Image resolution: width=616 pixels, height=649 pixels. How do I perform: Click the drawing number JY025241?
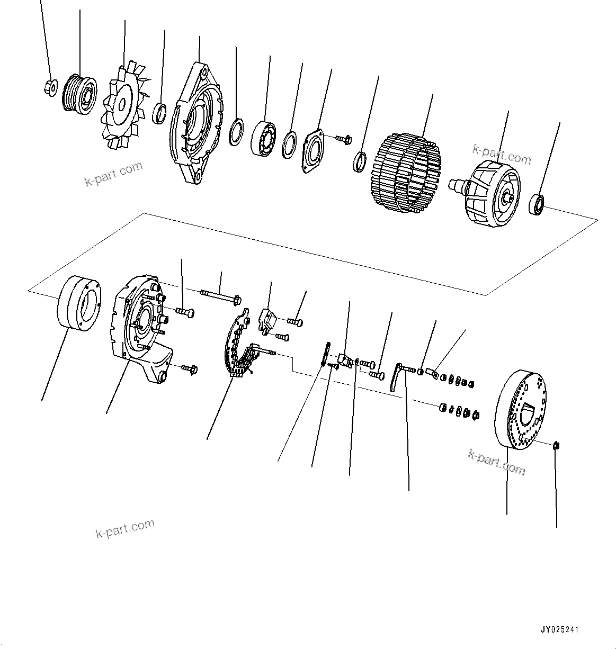(560, 630)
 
